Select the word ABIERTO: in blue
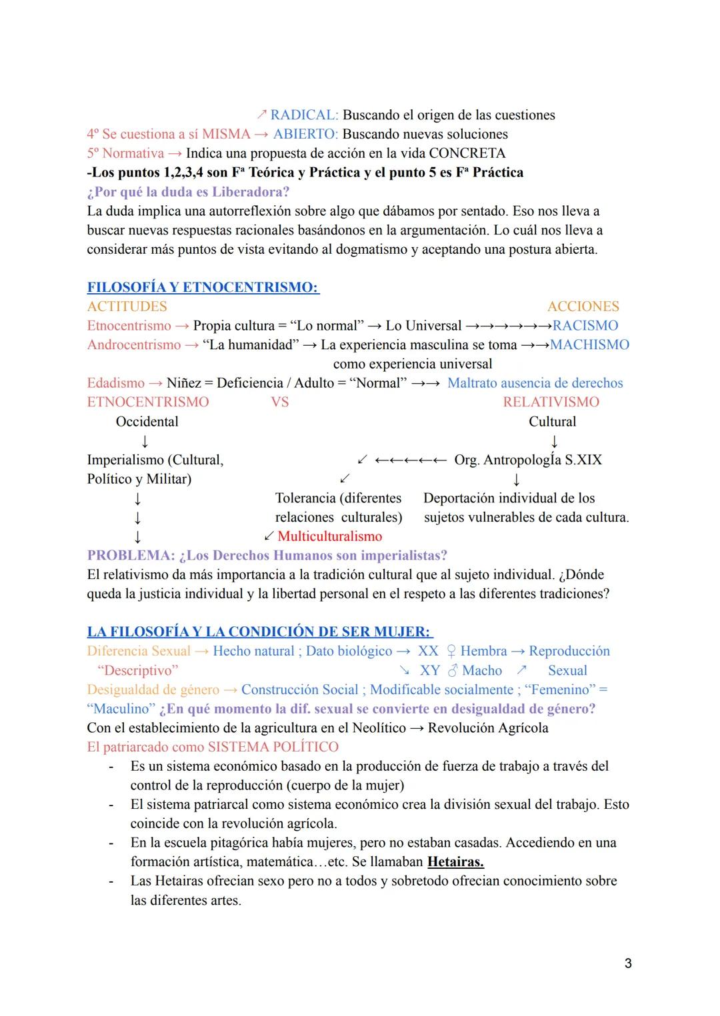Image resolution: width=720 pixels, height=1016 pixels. pyautogui.click(x=305, y=135)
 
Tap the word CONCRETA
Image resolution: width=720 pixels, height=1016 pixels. pyautogui.click(x=467, y=153)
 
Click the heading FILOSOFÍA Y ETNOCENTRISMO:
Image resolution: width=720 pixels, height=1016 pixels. pyautogui.click(x=203, y=288)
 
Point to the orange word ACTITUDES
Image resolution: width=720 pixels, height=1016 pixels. pyautogui.click(x=127, y=306)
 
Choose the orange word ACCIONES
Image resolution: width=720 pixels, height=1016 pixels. pyautogui.click(x=583, y=306)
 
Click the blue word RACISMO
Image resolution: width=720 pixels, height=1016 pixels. pyautogui.click(x=585, y=326)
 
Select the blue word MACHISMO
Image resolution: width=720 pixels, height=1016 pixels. pyautogui.click(x=589, y=345)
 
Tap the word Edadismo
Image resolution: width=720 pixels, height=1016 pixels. pyautogui.click(x=115, y=383)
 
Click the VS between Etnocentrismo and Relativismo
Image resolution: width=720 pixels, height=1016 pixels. pyautogui.click(x=279, y=402)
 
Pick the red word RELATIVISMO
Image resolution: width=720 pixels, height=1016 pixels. pyautogui.click(x=551, y=402)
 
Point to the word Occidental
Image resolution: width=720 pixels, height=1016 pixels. pyautogui.click(x=147, y=422)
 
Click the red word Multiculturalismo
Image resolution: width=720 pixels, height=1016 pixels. pyautogui.click(x=329, y=536)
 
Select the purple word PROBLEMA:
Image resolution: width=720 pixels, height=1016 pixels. pyautogui.click(x=131, y=556)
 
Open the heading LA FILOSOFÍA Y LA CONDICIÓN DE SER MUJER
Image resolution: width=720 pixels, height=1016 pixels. pyautogui.click(x=259, y=632)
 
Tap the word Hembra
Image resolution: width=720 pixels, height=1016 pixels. pyautogui.click(x=483, y=651)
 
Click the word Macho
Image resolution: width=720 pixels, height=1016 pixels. pyautogui.click(x=481, y=671)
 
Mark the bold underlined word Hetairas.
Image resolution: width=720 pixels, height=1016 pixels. pyautogui.click(x=455, y=862)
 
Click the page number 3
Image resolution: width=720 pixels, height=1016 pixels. pyautogui.click(x=628, y=963)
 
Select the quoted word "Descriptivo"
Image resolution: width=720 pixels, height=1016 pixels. pyautogui.click(x=137, y=671)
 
